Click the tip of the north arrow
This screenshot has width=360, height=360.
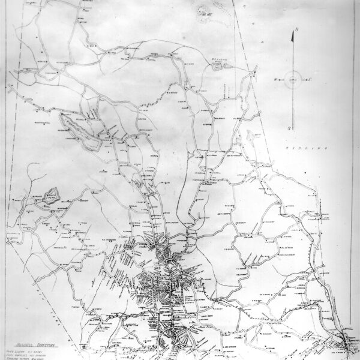(292, 35)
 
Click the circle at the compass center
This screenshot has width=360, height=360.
(292, 79)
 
